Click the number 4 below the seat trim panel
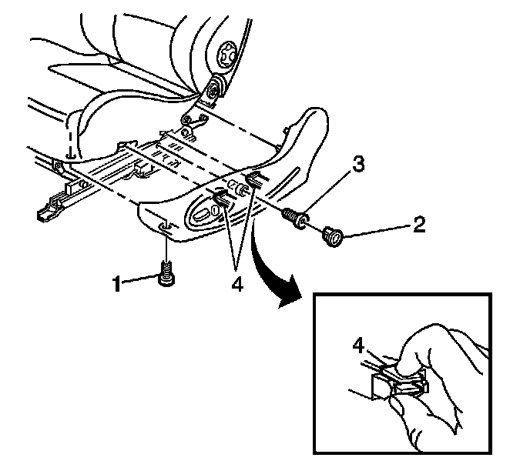pyautogui.click(x=236, y=284)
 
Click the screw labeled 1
pyautogui.click(x=166, y=275)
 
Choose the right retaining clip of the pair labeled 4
pyautogui.click(x=251, y=182)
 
